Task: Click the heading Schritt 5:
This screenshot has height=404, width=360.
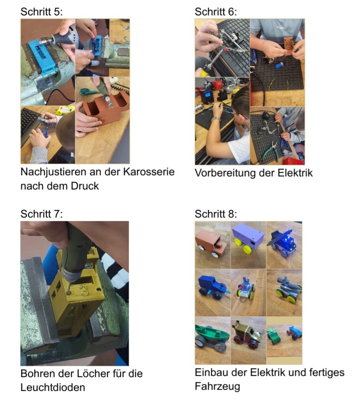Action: coord(41,12)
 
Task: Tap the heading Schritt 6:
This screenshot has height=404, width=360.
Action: coord(216,12)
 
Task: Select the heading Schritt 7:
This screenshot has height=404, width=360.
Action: coord(41,214)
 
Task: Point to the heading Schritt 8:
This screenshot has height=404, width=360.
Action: coord(216,214)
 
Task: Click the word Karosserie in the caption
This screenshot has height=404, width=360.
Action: coord(149,172)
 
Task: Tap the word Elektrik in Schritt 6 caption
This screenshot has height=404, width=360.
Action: coord(295,173)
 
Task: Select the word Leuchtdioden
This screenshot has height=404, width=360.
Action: coord(52,387)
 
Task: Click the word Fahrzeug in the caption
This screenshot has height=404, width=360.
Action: coord(217,387)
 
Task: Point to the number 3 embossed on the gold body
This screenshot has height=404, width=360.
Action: coord(84,290)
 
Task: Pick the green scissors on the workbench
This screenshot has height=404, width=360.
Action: coord(89,92)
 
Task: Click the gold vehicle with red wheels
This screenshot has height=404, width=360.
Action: coord(247,335)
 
